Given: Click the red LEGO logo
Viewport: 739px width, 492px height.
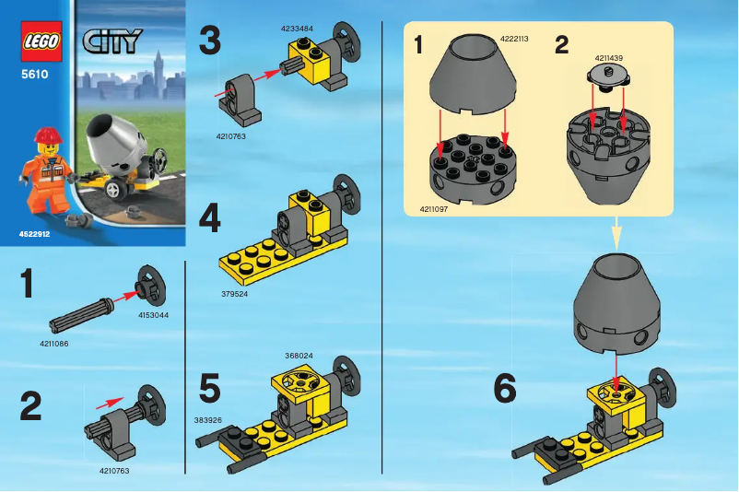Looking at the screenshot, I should (40, 43).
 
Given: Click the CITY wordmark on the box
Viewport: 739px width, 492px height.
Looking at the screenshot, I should (111, 41).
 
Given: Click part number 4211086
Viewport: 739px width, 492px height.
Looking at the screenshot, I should (53, 344).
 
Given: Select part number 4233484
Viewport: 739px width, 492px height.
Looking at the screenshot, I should (297, 29).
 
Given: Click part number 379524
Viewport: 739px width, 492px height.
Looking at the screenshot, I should (235, 294).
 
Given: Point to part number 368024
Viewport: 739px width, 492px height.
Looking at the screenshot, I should (299, 354).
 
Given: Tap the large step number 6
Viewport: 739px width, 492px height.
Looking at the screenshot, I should (505, 389).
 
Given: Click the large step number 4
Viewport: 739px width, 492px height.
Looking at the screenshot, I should (210, 221).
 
